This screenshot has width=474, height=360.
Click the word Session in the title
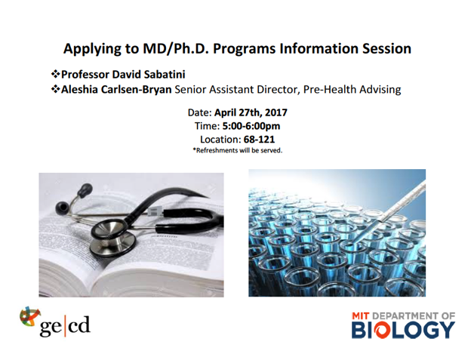click(x=386, y=48)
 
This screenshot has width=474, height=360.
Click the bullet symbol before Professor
click(x=55, y=74)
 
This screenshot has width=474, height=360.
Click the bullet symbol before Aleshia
click(x=55, y=89)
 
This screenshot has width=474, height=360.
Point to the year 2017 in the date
click(x=276, y=112)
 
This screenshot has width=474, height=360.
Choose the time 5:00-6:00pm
click(x=251, y=126)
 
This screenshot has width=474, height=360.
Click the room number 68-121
click(x=259, y=140)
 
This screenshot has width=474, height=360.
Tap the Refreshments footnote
click(x=238, y=150)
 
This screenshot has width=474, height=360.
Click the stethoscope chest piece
click(x=112, y=238)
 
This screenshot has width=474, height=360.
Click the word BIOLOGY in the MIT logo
click(x=403, y=330)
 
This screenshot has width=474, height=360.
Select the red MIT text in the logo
click(x=360, y=316)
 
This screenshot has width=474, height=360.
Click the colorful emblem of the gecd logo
click(x=29, y=318)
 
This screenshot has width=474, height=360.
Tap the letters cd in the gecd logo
click(x=79, y=325)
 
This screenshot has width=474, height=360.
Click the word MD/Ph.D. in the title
click(x=176, y=48)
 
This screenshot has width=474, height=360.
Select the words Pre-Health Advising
click(x=352, y=90)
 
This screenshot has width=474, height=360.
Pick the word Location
click(x=220, y=140)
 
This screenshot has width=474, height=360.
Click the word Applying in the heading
click(x=90, y=49)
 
